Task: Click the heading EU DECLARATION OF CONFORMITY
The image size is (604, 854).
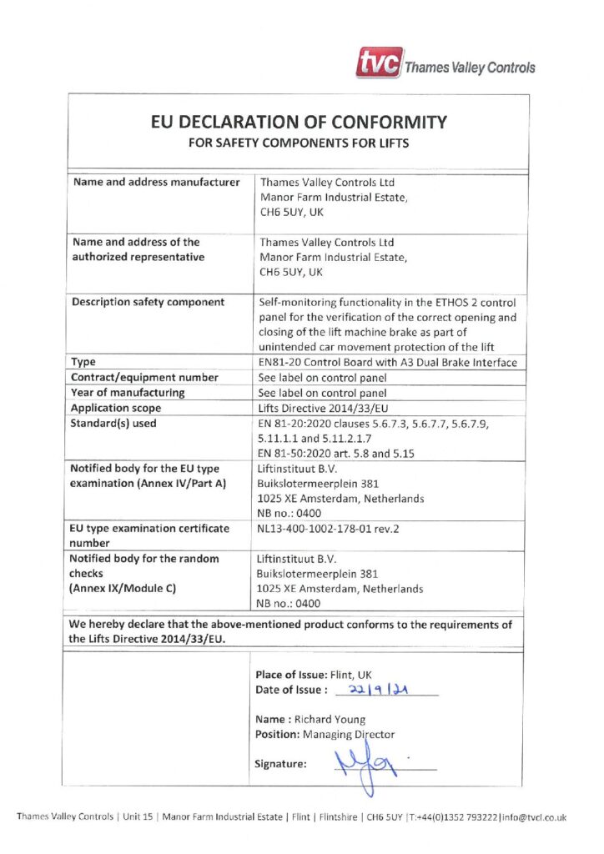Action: pos(299,122)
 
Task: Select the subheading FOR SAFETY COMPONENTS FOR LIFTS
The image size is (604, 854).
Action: pos(299,143)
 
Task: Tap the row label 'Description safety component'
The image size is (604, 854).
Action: pos(148,302)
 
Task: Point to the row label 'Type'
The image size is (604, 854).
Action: pos(83,362)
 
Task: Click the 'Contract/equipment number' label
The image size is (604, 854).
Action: pos(145,377)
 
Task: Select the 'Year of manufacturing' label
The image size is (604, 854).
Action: pos(128,392)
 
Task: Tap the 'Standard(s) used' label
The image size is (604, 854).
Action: pos(114,423)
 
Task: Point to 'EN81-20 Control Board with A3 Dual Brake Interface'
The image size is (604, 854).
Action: pos(389,362)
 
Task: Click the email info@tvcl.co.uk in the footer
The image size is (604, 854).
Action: pos(532,817)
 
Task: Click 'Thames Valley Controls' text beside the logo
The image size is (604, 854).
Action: pos(470,68)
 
